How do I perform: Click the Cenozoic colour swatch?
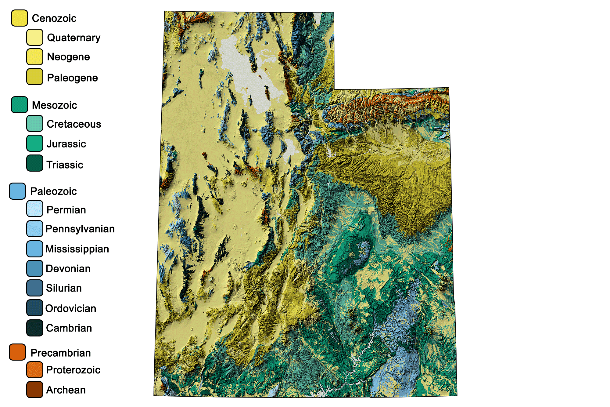click(20, 18)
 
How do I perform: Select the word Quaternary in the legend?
click(74, 38)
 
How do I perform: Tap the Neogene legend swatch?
click(34, 57)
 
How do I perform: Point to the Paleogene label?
click(72, 78)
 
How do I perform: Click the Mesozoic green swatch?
click(20, 105)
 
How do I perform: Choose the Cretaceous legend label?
click(74, 124)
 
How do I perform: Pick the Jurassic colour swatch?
click(34, 144)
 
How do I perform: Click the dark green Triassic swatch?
click(34, 163)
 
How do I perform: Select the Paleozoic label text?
click(53, 191)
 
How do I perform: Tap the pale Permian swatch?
click(34, 209)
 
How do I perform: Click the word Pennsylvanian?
click(80, 229)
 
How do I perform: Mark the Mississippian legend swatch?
click(34, 249)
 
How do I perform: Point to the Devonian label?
click(68, 268)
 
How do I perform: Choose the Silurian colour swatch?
click(34, 288)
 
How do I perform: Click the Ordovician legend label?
click(71, 308)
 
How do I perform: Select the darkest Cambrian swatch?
click(34, 328)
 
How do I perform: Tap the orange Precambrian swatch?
click(17, 352)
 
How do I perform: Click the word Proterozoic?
click(73, 370)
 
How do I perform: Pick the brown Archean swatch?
click(34, 390)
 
